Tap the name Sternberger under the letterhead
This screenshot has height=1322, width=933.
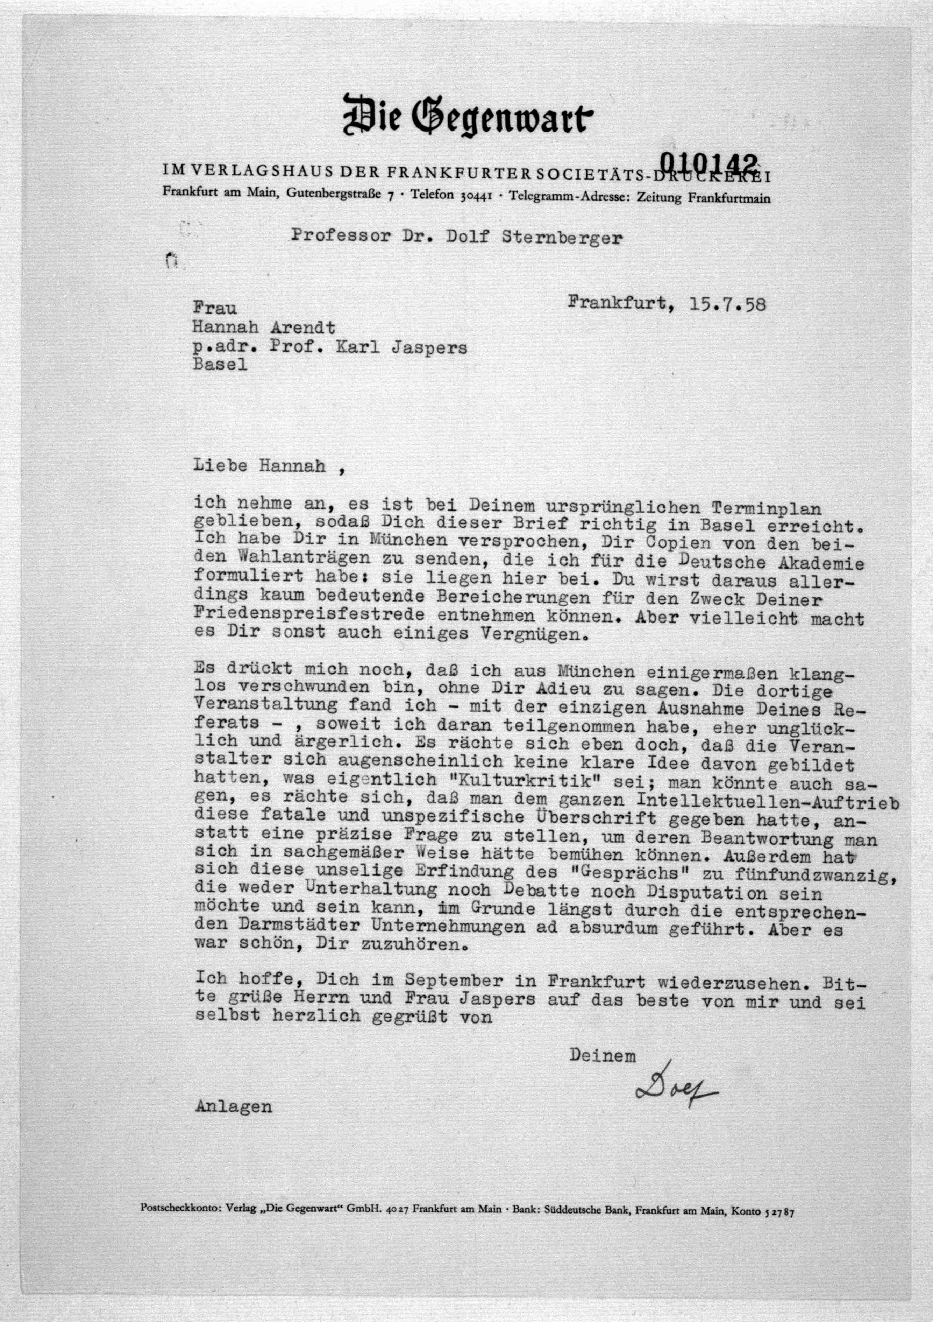pyautogui.click(x=562, y=237)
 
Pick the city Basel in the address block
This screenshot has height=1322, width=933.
pyautogui.click(x=220, y=365)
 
